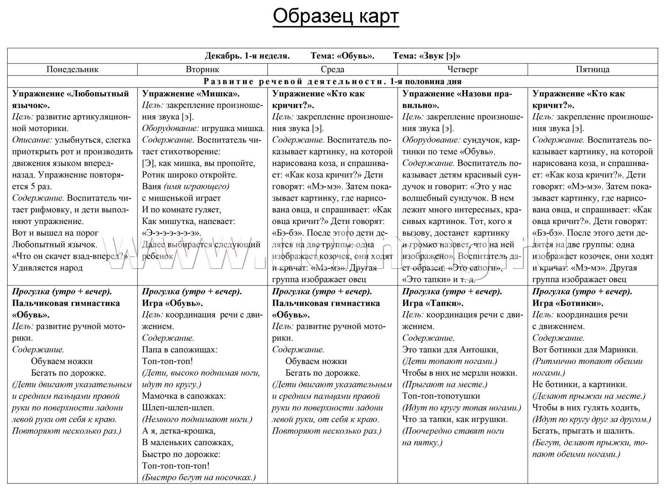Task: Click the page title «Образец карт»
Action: tap(336, 16)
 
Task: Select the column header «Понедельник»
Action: tap(72, 69)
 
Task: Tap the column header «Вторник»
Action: tap(202, 69)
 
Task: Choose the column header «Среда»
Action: tap(332, 69)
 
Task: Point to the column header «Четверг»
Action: tap(462, 69)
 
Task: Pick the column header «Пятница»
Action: tap(593, 69)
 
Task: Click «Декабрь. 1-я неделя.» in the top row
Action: tap(247, 56)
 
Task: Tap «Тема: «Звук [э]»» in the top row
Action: tap(426, 56)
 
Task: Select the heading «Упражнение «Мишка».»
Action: tap(191, 94)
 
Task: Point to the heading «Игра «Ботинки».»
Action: tap(568, 303)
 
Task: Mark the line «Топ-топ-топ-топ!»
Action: tap(176, 466)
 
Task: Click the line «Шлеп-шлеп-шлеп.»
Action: tap(178, 408)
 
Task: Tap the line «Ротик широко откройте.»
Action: tap(189, 175)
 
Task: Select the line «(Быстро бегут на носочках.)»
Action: tap(199, 477)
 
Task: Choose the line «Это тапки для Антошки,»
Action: tap(450, 349)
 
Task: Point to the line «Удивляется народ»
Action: tap(48, 268)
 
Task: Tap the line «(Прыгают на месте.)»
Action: tap(444, 384)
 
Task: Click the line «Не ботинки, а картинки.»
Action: tap(580, 384)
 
